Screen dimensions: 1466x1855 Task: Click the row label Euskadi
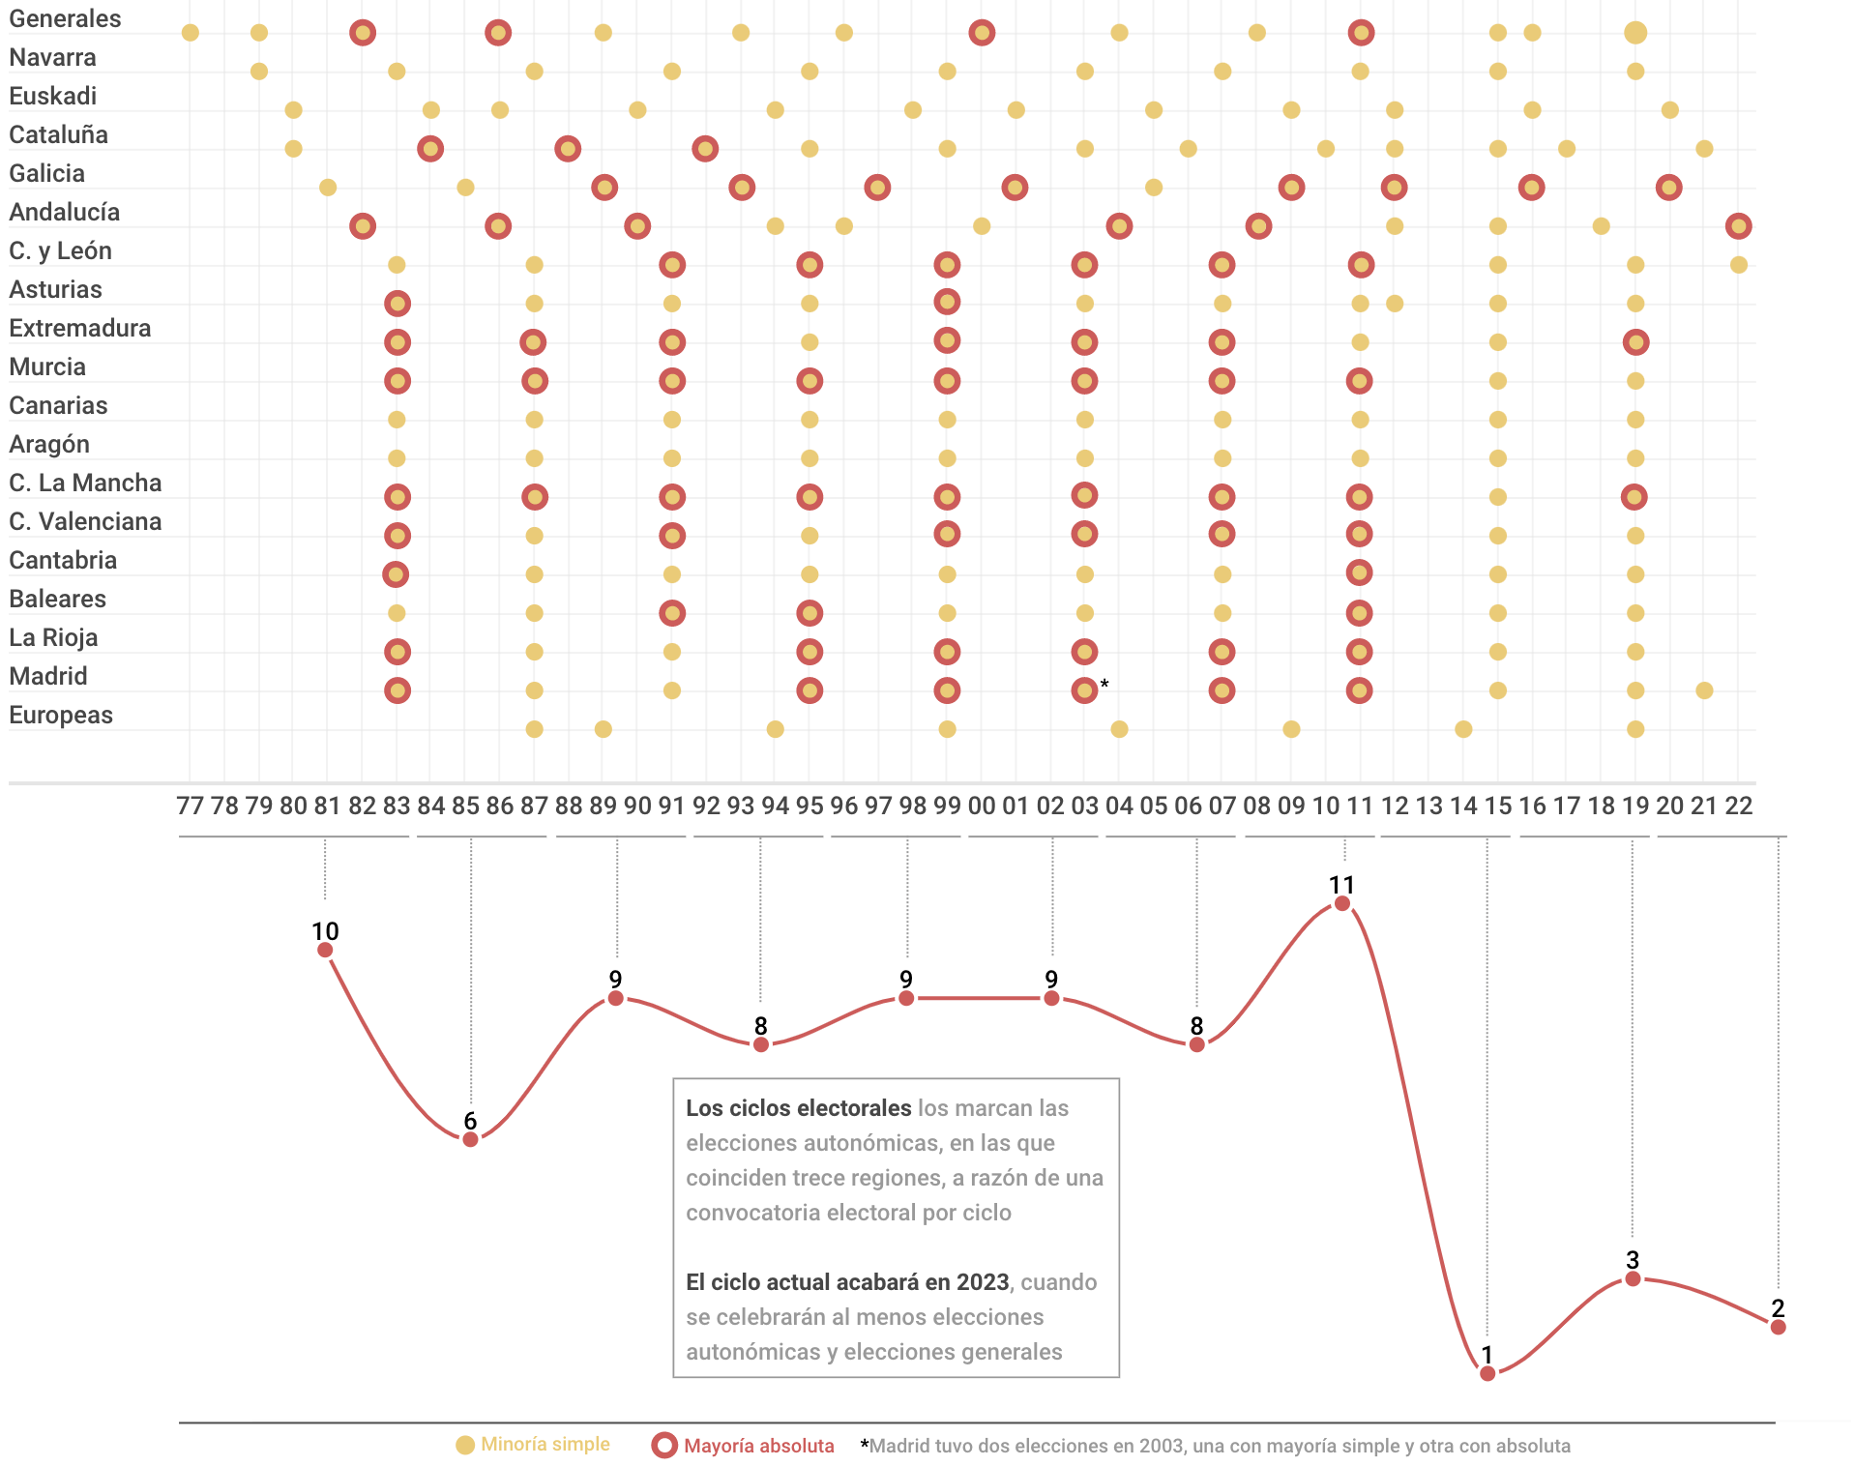pos(53,96)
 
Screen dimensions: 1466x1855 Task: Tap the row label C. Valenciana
pos(85,521)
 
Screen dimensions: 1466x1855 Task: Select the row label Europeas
pos(61,715)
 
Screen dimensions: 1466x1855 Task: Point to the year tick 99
pos(947,806)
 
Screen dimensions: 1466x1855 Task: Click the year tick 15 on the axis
pos(1497,806)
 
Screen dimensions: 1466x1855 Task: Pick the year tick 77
pos(191,806)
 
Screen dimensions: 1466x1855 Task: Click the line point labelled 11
pos(1342,903)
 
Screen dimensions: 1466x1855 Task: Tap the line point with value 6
pos(470,1139)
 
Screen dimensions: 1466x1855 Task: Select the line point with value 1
pos(1487,1373)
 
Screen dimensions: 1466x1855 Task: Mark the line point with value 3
pos(1633,1278)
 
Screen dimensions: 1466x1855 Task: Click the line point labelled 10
pos(325,950)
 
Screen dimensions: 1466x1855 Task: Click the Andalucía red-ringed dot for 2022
pos(1738,226)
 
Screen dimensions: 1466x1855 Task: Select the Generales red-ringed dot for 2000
pos(982,33)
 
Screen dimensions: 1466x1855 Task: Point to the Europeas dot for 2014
pos(1463,729)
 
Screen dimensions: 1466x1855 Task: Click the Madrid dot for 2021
pos(1704,690)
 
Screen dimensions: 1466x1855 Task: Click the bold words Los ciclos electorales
pos(798,1108)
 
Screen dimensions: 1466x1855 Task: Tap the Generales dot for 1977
pos(191,33)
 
